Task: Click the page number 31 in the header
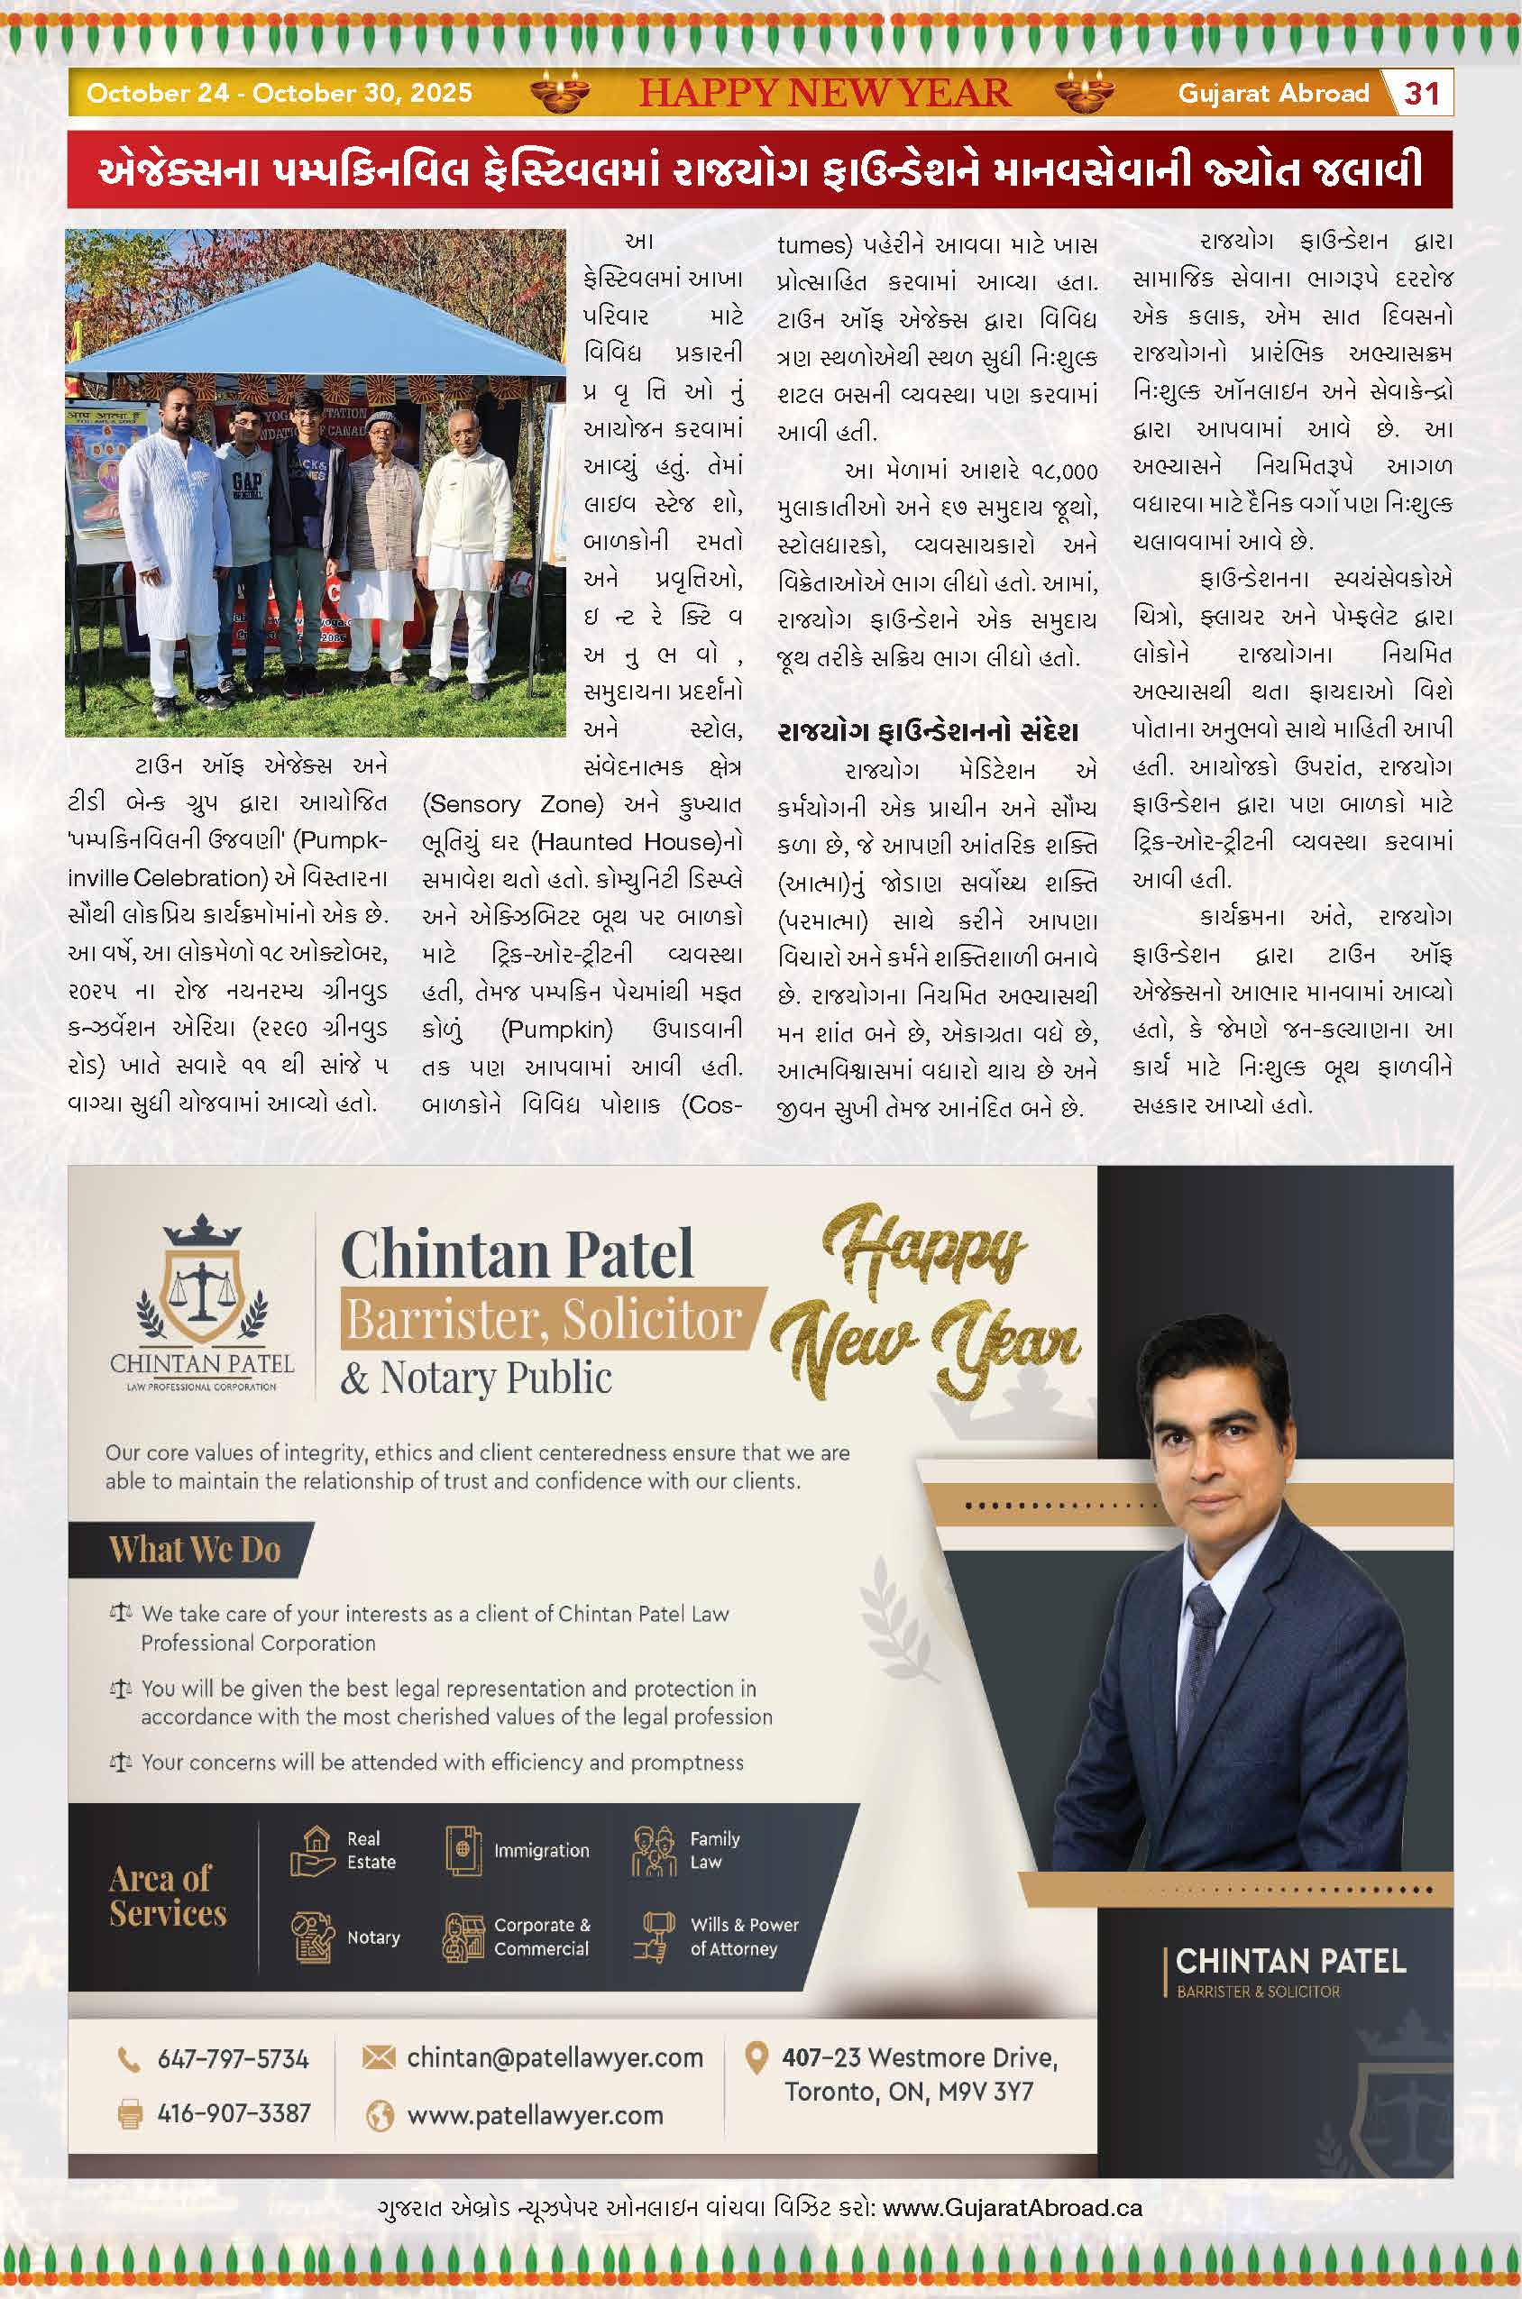click(1421, 93)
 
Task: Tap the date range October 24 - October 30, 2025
click(280, 93)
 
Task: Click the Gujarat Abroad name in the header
click(1272, 93)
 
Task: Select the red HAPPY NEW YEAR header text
click(824, 93)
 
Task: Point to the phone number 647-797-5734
click(233, 2059)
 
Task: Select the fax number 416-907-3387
click(233, 2112)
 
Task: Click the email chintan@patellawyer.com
click(555, 2057)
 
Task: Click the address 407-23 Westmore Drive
click(919, 2057)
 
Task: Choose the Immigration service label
click(541, 1850)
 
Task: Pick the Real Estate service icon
click(313, 1850)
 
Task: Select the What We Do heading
click(195, 1549)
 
